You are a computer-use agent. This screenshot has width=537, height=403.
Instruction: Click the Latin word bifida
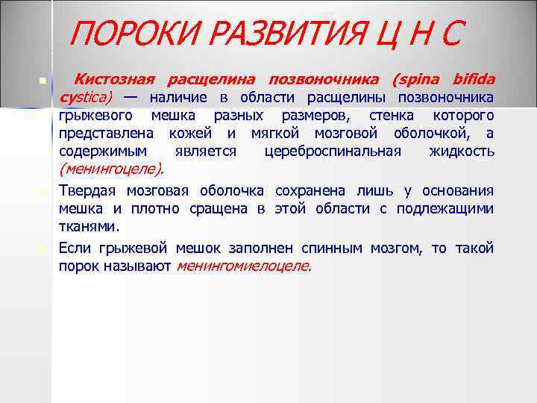[472, 79]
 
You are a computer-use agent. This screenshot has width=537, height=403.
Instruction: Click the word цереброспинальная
[333, 151]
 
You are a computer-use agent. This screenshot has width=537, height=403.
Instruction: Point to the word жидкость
[462, 151]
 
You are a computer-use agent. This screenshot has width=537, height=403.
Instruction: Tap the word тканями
[87, 225]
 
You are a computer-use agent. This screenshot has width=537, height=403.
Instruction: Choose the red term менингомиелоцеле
[243, 265]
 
